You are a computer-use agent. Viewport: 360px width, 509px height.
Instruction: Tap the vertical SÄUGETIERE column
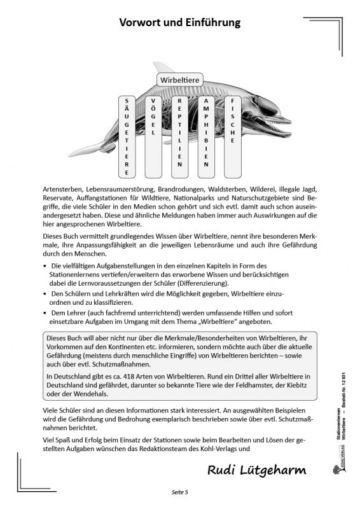(x=127, y=136)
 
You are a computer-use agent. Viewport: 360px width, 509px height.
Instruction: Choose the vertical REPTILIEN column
(x=180, y=132)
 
